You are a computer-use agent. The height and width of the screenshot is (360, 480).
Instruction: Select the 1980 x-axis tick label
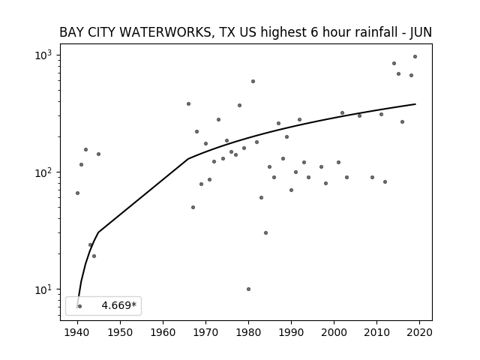(x=248, y=332)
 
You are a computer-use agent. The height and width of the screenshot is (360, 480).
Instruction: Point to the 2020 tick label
(x=420, y=332)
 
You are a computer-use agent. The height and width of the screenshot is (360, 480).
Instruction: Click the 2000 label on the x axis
(x=334, y=332)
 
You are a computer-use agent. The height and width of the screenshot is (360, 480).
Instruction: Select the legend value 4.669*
(x=119, y=305)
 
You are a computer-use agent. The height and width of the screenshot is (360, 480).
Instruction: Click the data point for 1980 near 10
(x=248, y=289)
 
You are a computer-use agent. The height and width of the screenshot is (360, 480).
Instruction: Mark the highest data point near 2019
(x=415, y=57)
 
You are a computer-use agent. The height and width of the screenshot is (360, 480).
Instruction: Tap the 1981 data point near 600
(x=253, y=82)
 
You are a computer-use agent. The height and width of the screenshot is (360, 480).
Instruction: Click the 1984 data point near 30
(x=265, y=233)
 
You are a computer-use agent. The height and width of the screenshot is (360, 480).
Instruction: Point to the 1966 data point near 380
(x=188, y=104)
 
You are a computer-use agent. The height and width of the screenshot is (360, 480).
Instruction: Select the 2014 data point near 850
(x=394, y=63)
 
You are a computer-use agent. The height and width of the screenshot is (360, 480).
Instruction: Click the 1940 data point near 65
(x=77, y=193)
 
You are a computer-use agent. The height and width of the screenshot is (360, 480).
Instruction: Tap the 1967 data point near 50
(x=193, y=207)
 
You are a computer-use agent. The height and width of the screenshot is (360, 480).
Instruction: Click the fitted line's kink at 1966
(x=188, y=158)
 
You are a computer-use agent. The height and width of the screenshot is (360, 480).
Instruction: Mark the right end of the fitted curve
(x=415, y=104)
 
